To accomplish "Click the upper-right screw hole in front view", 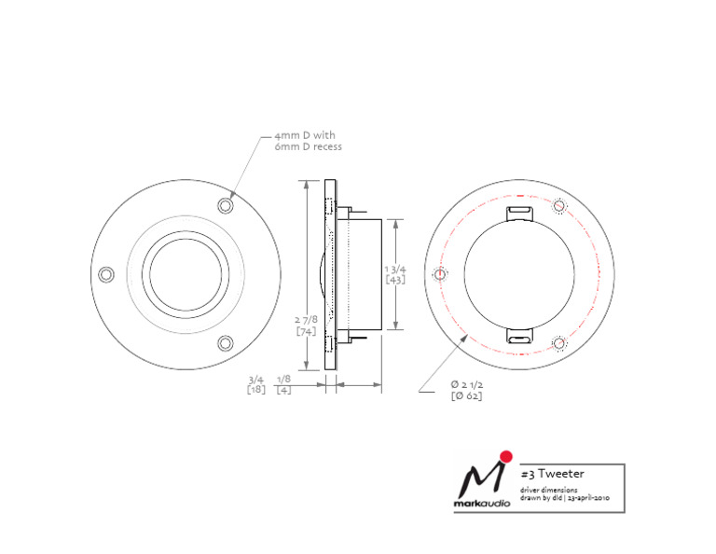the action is coord(225,205).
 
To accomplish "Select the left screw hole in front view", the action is coord(106,274).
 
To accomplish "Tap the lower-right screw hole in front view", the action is coord(225,343).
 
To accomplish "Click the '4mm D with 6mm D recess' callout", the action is coord(308,141).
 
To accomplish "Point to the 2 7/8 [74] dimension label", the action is coord(306,325).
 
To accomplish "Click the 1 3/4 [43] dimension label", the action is coord(395,274).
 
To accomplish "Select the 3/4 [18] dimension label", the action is coord(256,384).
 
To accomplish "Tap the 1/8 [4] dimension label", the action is coord(283,384).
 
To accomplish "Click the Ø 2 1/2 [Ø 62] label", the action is coord(467,390).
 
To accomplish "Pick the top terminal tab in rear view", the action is coord(520,213).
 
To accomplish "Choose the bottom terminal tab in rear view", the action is coord(520,336).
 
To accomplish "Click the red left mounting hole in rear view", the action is coord(440,274).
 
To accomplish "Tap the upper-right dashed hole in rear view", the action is coord(558,206).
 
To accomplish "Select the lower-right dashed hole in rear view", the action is coord(558,343).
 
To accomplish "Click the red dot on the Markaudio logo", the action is coord(505,457).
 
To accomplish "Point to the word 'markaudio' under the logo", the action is coord(482,504).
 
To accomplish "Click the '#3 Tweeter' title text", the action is coord(553,474).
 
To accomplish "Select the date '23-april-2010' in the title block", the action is coord(588,498).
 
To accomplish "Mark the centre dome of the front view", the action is coord(186,274).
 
